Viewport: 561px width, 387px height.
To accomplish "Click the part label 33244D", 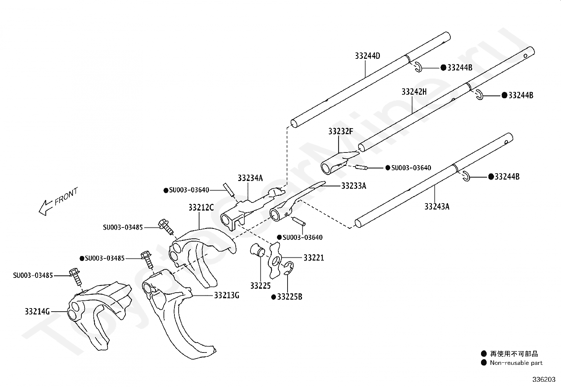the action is [368, 56].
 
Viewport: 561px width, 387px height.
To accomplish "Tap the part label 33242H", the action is [414, 92].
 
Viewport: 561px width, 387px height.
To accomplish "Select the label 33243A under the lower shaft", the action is [437, 206].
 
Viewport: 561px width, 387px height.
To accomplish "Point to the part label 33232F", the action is [341, 131].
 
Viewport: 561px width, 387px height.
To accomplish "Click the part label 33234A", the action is [250, 178].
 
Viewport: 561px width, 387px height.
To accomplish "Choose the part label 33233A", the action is [354, 186].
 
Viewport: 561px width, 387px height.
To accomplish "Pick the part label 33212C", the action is [201, 207].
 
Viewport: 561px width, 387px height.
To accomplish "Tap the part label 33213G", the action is [227, 295].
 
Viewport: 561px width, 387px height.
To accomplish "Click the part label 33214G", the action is [37, 311].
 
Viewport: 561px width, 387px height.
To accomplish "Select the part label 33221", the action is [314, 257].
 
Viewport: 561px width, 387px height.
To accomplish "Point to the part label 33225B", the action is [290, 297].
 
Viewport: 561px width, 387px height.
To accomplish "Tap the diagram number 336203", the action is [544, 380].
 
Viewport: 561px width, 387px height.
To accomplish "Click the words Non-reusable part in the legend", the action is [516, 363].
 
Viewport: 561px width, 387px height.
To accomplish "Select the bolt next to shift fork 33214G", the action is [75, 277].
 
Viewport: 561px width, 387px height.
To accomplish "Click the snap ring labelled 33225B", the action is [289, 268].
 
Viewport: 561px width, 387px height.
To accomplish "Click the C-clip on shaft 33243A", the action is [466, 176].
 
